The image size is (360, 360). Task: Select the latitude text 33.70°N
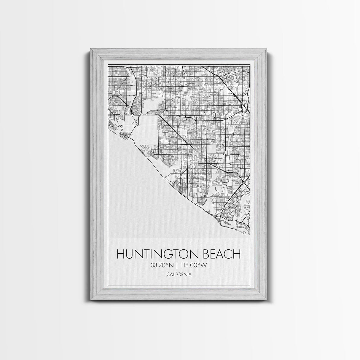[x=163, y=266]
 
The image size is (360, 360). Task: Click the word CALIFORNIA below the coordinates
[x=179, y=275]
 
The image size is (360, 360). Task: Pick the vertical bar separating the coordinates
[x=178, y=266]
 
